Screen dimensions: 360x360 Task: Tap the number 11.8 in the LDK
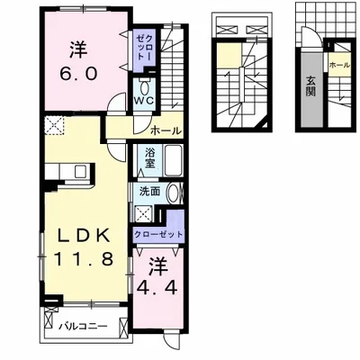click(84, 258)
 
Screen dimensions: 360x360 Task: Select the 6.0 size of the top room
click(78, 73)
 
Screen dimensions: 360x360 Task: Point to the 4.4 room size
click(156, 288)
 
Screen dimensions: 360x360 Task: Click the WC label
click(144, 101)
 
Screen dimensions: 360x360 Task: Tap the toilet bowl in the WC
click(144, 87)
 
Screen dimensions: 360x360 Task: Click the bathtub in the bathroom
click(174, 160)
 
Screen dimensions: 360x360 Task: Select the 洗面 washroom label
click(150, 191)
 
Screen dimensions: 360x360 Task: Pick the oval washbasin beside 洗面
click(173, 193)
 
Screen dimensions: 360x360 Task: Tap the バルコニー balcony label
click(83, 326)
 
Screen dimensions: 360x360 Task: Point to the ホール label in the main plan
click(166, 130)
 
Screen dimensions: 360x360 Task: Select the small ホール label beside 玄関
click(339, 65)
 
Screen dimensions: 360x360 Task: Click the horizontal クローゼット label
click(158, 234)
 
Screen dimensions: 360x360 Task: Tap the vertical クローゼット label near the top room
click(145, 48)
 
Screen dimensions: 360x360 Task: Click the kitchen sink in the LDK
click(80, 172)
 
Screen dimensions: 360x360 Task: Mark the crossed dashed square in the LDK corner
click(54, 125)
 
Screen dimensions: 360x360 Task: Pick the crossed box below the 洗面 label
click(144, 213)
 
